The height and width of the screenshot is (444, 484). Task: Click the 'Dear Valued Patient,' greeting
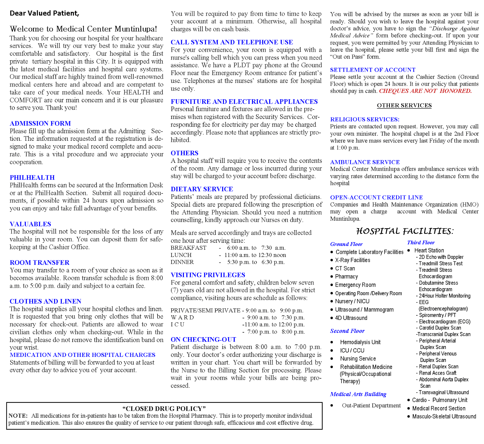44,13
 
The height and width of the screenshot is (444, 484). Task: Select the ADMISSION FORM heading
40,123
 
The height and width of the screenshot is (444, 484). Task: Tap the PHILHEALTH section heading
32,178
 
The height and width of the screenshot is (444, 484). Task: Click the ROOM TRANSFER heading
40,263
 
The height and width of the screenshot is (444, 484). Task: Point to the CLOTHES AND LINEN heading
45,301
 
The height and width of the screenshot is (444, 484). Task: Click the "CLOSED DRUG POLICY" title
164,409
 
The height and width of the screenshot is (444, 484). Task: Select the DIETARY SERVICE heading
202,189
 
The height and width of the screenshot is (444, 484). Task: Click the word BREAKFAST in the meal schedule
188,248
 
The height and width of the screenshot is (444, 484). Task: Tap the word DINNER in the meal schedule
182,262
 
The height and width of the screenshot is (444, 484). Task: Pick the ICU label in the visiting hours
178,324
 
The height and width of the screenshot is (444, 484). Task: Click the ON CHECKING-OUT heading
203,340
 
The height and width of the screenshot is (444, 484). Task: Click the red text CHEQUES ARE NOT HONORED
425,91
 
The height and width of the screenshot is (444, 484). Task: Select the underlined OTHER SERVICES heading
404,106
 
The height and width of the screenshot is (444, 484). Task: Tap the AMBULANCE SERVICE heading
365,162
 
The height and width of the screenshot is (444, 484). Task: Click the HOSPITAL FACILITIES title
405,232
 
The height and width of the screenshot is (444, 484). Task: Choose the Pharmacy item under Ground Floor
346,277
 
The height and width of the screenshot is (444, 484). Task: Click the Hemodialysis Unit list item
360,342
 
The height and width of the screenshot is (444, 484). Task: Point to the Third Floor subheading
421,243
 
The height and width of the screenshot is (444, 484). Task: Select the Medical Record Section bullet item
439,409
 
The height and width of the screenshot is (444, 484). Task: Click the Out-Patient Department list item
371,406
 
